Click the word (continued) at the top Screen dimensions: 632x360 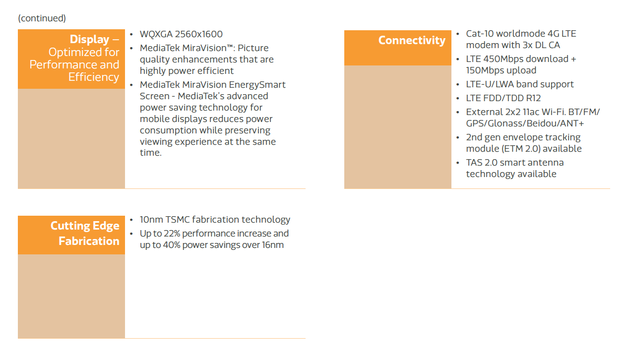point(42,18)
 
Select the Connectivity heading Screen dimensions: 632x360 point(412,40)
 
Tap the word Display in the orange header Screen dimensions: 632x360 point(89,39)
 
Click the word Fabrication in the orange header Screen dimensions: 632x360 point(89,241)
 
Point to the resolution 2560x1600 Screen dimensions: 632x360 point(198,34)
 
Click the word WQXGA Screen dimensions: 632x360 point(156,34)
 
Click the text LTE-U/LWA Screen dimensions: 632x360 point(490,84)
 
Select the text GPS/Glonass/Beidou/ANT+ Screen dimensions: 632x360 point(525,123)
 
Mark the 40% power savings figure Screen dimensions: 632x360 point(172,245)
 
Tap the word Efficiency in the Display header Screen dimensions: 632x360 point(94,77)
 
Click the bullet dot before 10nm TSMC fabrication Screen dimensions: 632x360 point(131,220)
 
